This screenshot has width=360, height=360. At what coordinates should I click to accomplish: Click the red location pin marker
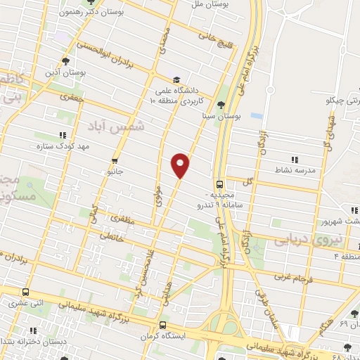click(x=181, y=165)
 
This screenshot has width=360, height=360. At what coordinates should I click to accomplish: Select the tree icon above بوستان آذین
click(x=67, y=61)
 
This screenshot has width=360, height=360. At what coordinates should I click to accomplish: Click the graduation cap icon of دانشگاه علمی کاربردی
click(x=176, y=79)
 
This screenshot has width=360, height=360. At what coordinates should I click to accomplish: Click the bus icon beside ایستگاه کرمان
click(x=162, y=325)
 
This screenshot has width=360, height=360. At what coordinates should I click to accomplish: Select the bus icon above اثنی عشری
click(x=26, y=292)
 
